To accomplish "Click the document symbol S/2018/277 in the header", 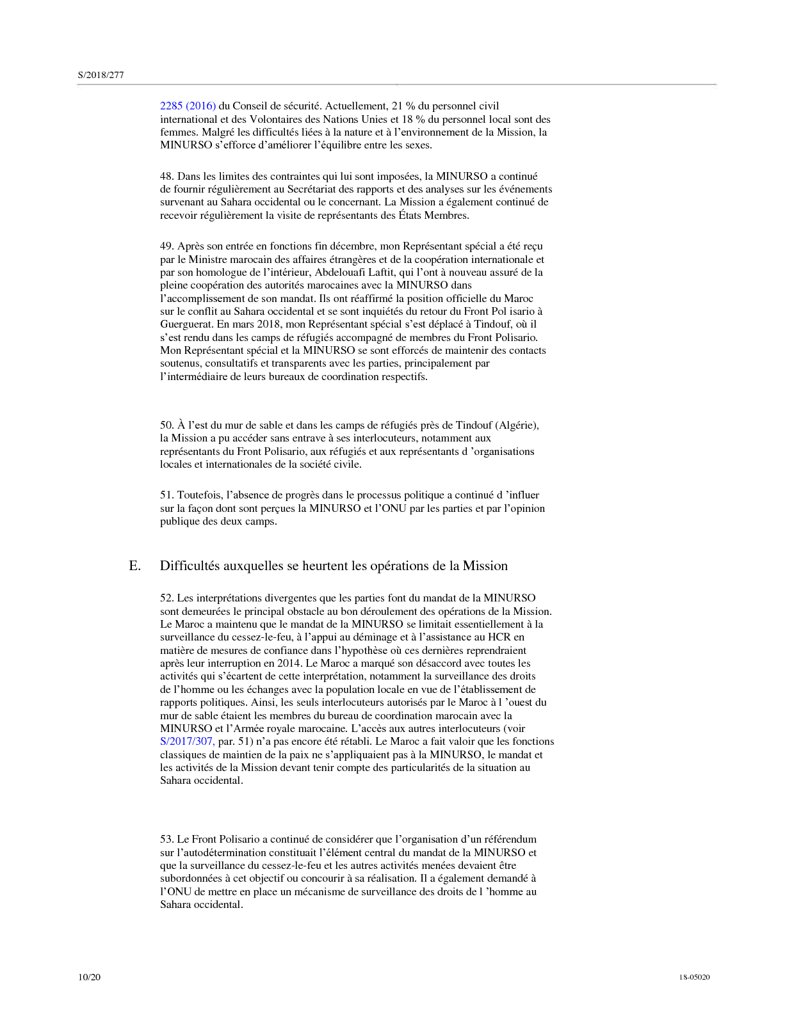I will pos(101,75).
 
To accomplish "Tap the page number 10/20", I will pos(89,977).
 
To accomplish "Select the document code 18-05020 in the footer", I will pos(694,977).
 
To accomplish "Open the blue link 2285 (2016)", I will pos(188,106).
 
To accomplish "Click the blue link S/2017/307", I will pos(187,742).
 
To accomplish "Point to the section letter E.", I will pos(134,566).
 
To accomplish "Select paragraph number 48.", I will pos(166,176).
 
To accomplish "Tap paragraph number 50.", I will pos(166,425).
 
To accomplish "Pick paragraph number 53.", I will pos(166,839).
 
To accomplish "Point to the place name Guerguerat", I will pos(187,324).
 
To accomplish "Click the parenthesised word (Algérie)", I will pos(517,425).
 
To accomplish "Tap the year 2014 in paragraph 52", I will pos(289,664).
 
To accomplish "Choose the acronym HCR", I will pos(499,637).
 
